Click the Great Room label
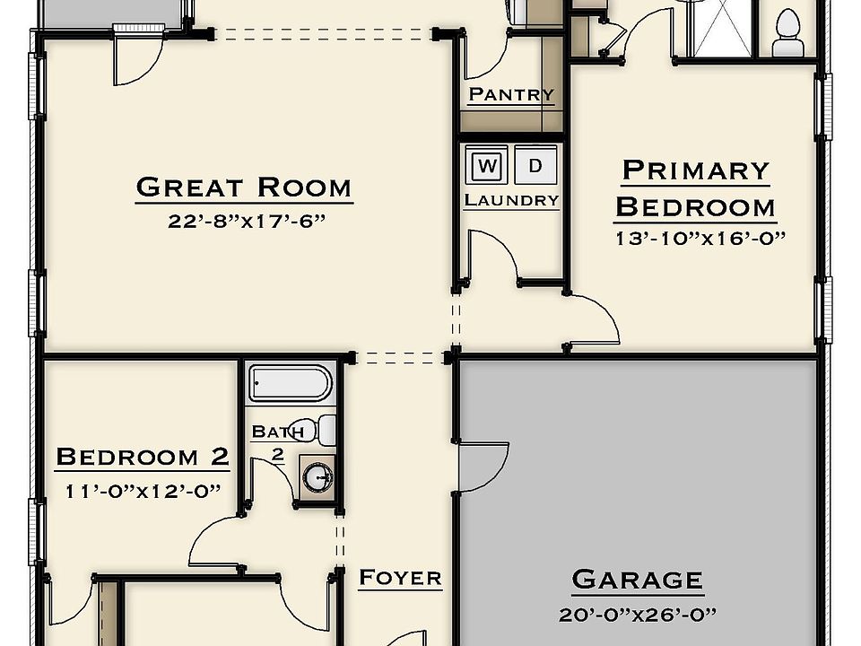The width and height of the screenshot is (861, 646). [244, 188]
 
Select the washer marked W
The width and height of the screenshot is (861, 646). [486, 165]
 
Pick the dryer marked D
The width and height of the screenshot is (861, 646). [535, 165]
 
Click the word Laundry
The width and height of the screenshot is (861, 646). [511, 200]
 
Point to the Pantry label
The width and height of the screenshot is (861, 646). [511, 94]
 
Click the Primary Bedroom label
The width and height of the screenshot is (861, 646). [695, 189]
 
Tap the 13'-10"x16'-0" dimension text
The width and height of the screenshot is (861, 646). [700, 239]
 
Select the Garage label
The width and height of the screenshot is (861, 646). [638, 581]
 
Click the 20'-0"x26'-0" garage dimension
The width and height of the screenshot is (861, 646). [638, 614]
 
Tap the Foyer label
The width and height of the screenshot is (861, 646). [400, 578]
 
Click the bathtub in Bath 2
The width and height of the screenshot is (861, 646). [291, 383]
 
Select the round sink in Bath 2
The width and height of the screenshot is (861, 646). [317, 476]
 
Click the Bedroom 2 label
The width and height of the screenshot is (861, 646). [143, 457]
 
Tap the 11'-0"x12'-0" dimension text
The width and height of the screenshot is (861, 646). [143, 491]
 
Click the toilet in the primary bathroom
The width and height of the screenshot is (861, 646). [787, 33]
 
